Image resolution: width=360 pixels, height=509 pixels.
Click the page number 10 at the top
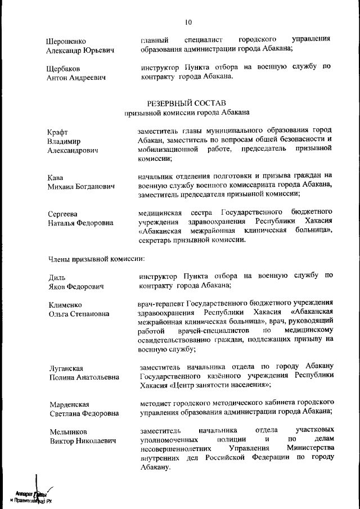187,22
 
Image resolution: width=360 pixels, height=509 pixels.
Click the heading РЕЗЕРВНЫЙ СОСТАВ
186,103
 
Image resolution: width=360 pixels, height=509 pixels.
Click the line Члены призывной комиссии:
96,259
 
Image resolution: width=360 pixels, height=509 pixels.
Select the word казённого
215,376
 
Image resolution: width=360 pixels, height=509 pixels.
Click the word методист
156,403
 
